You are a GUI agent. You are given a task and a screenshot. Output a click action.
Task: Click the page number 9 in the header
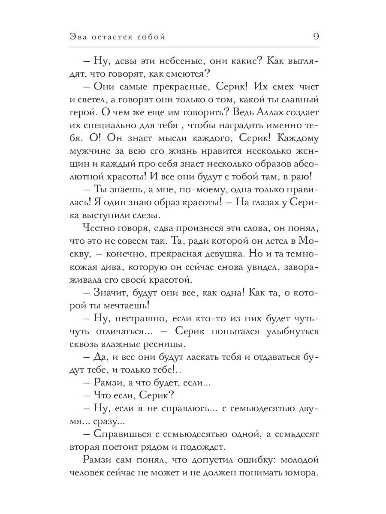coord(315,37)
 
